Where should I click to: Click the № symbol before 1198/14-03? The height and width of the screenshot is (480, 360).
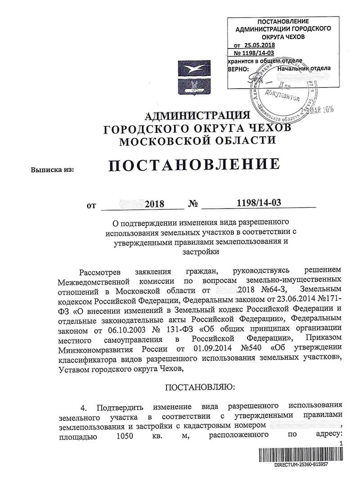click(193, 204)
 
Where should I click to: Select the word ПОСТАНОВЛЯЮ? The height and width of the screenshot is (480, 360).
click(198, 386)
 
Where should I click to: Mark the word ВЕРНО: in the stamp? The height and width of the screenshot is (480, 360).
click(238, 68)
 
